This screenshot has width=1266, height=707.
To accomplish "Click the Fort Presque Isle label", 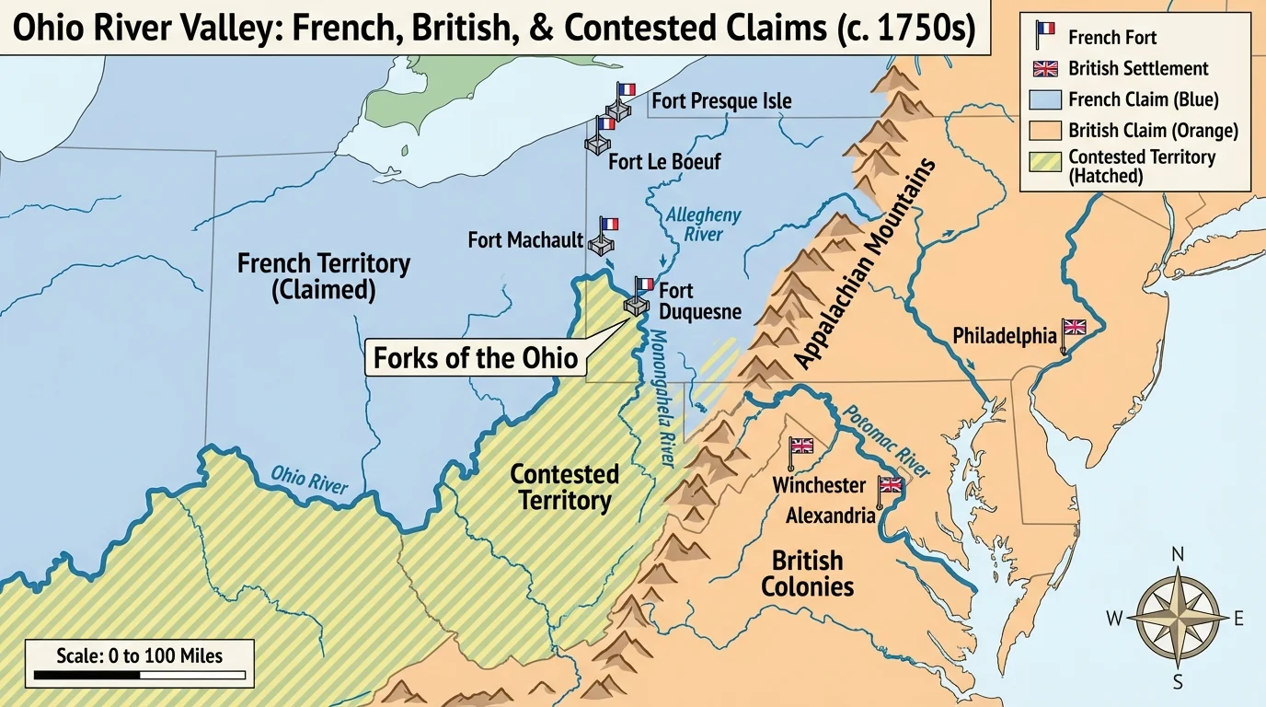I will [721, 101].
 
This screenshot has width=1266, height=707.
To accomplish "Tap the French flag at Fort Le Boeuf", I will [606, 123].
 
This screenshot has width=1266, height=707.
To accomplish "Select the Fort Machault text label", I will [525, 240].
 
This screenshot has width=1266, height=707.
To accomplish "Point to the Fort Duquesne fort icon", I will [636, 305].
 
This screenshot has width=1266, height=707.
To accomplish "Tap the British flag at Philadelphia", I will [1074, 327].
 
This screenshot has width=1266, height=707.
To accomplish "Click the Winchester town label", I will [819, 485].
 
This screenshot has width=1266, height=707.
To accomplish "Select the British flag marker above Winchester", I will [802, 446].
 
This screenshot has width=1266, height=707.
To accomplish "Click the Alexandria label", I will [830, 516].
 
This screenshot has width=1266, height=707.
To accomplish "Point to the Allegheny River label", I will [703, 224].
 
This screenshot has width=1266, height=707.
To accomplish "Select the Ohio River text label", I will [309, 480].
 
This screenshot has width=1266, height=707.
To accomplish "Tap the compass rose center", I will [1178, 617].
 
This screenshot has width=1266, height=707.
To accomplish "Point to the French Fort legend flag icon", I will [1044, 35].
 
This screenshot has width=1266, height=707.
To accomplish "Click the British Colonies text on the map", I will [807, 574].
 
